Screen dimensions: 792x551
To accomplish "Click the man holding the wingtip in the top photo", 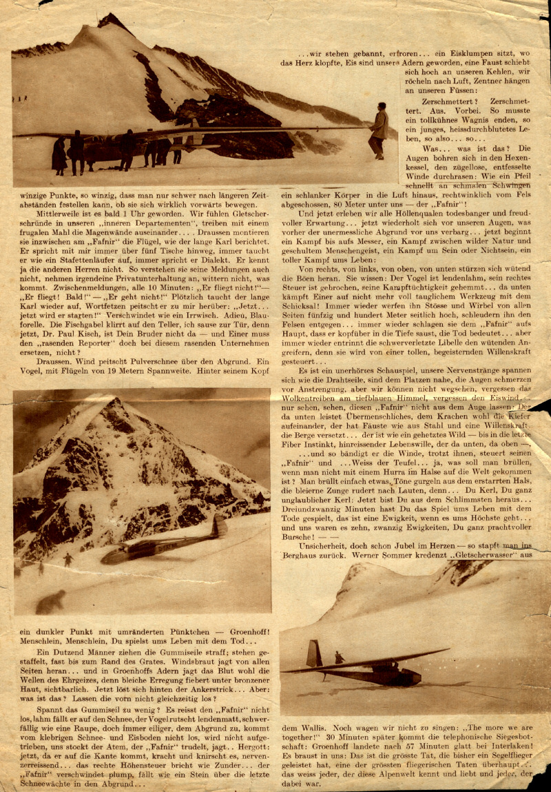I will (x=377, y=130).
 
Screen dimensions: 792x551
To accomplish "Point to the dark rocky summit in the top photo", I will (x=114, y=22).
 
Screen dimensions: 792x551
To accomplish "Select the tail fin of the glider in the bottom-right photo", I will (x=313, y=654).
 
